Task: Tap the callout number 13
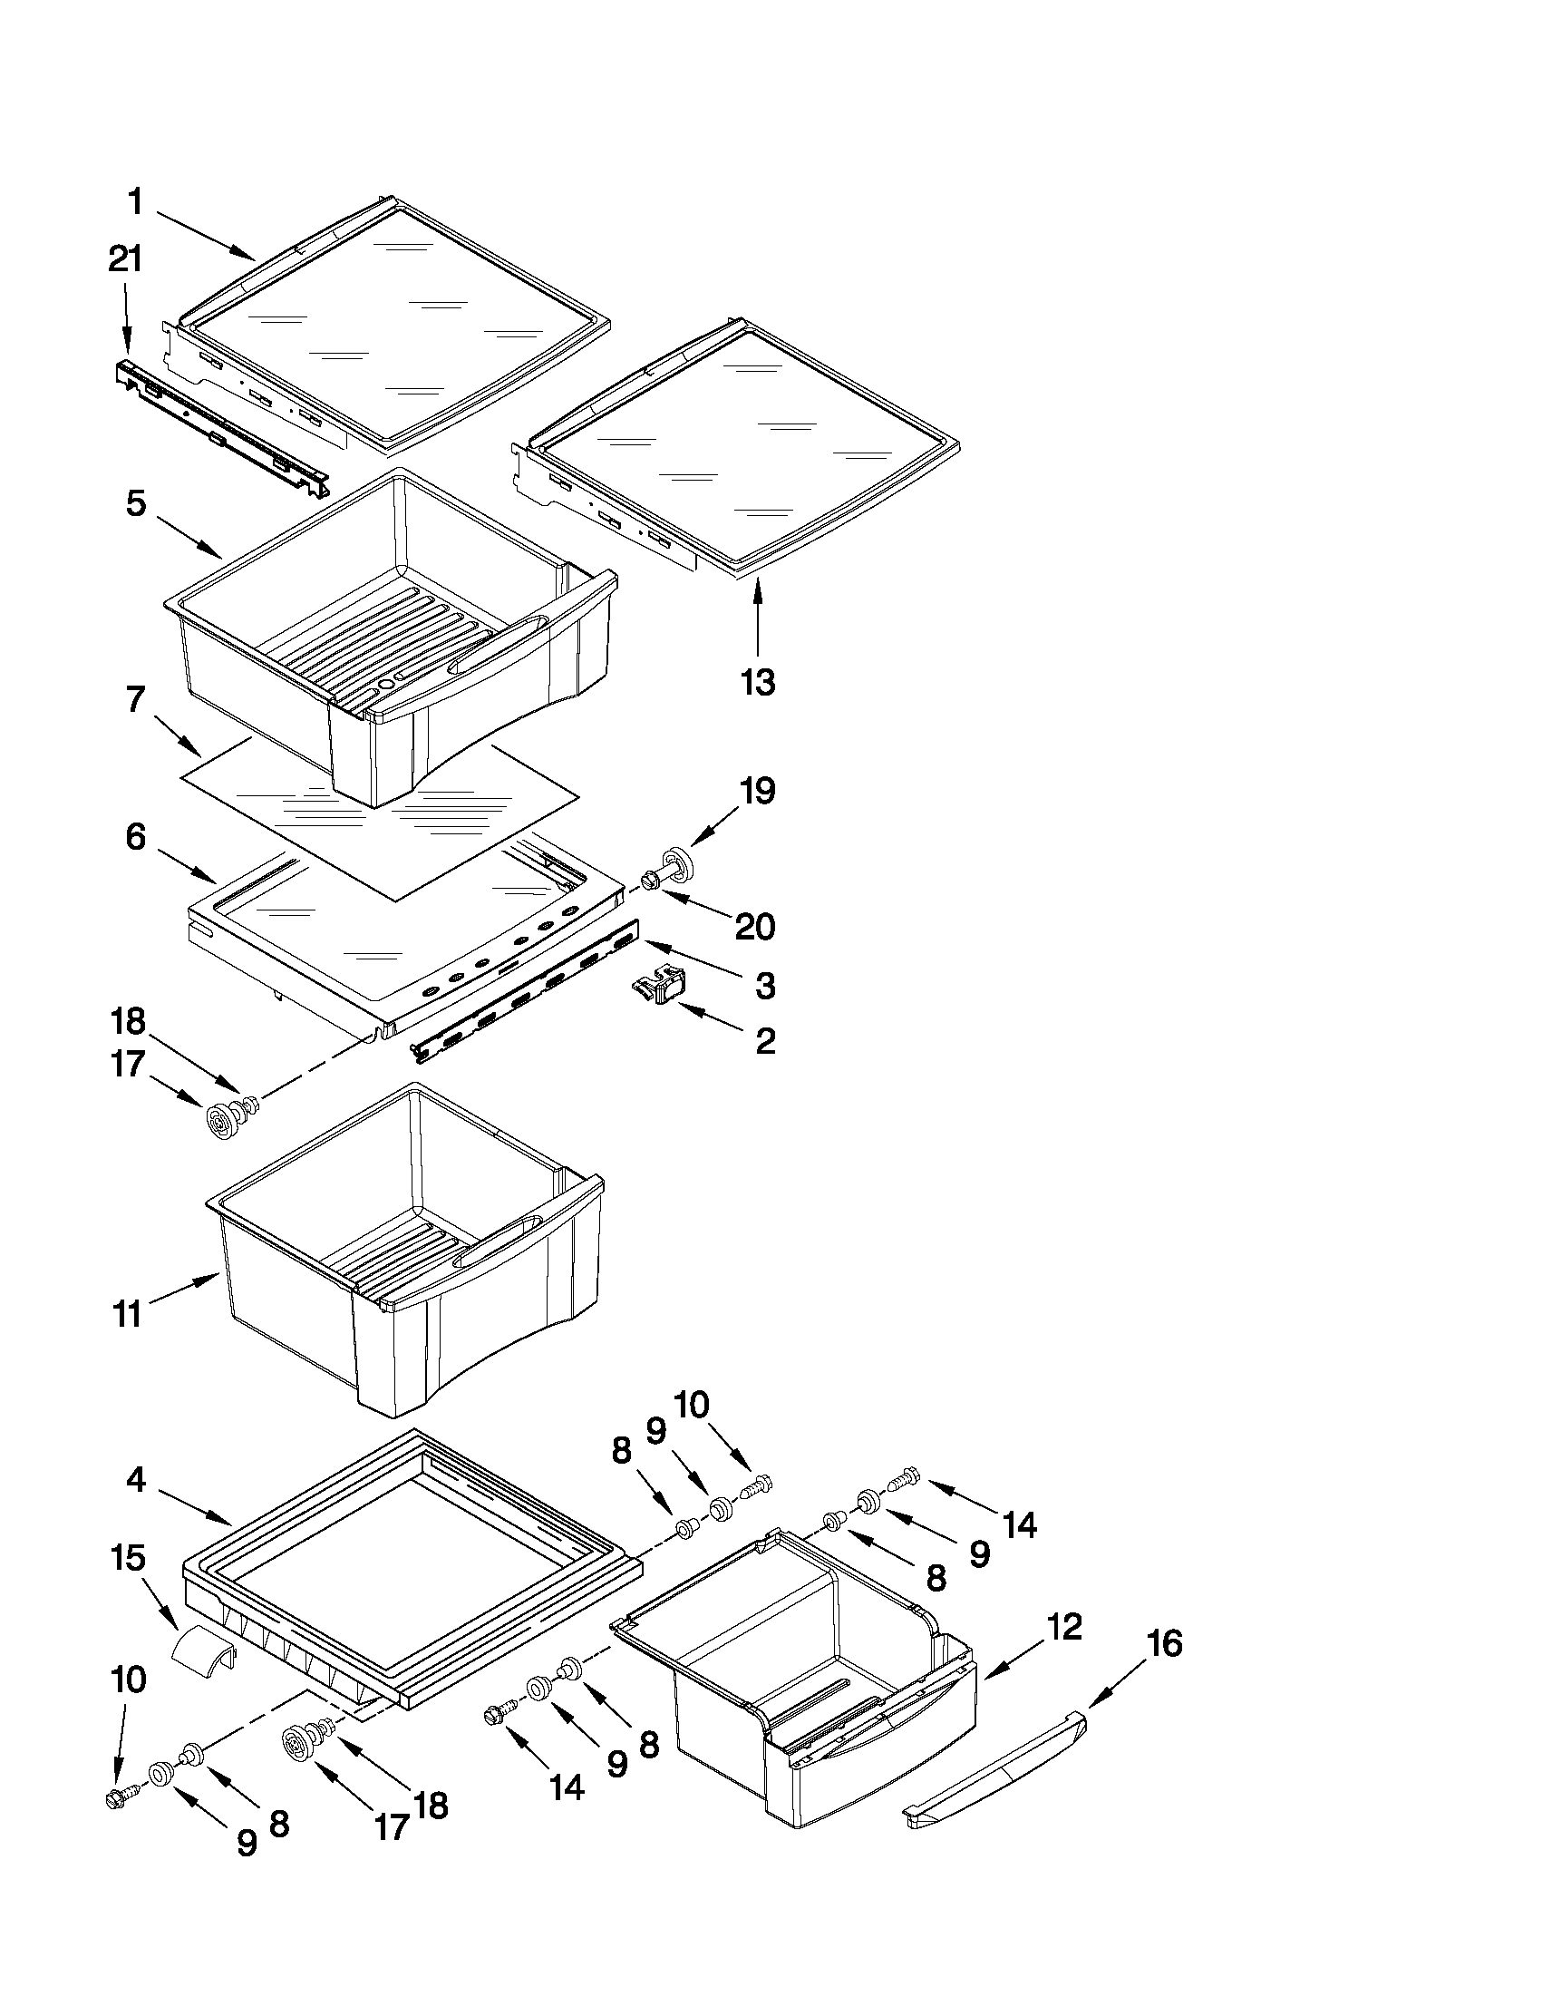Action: click(758, 682)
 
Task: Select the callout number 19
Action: click(757, 792)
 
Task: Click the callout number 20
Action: click(755, 927)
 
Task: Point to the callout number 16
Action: click(1162, 1644)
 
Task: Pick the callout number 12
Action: click(1063, 1626)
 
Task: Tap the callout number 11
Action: click(128, 1315)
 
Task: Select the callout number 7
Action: click(135, 700)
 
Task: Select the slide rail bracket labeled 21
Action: click(219, 429)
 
